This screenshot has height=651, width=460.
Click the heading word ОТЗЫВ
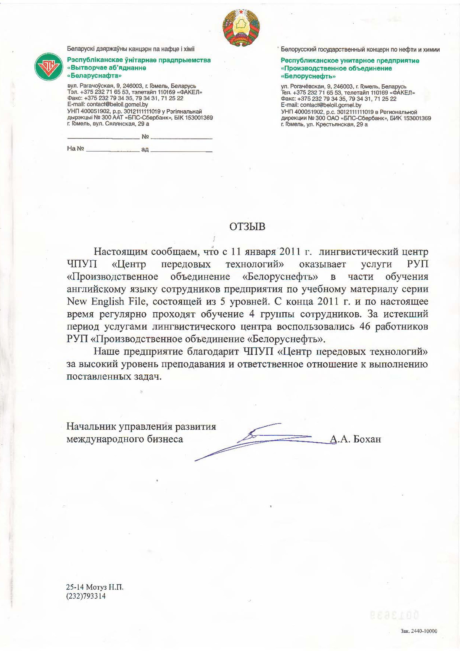point(247,227)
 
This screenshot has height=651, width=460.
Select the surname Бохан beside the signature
point(367,439)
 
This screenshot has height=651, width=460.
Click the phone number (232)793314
point(86,596)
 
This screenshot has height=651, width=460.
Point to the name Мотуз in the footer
point(97,587)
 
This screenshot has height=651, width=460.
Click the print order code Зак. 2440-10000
point(419,631)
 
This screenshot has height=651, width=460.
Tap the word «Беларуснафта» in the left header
point(95,75)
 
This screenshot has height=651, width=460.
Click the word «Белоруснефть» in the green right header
point(308,76)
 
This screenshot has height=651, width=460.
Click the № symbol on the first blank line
point(145,137)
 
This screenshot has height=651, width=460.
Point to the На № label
point(75,149)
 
